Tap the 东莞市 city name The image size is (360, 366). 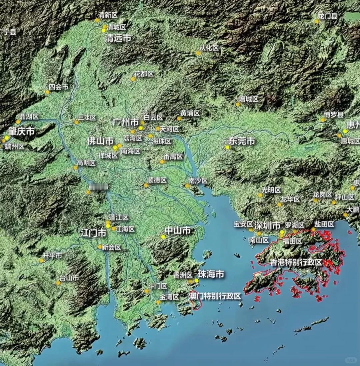[242, 141]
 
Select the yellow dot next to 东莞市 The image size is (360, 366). [227, 147]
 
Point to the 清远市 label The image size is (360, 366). [118, 38]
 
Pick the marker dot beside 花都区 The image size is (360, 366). [133, 79]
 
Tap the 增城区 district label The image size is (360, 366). [249, 99]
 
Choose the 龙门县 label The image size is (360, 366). [328, 16]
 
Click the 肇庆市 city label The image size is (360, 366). [21, 131]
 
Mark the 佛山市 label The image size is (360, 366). [100, 141]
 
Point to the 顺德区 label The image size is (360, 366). [157, 180]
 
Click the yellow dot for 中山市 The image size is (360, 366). [163, 237]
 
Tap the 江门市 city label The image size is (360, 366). [93, 233]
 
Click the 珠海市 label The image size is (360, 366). [211, 274]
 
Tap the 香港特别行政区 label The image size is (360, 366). [296, 263]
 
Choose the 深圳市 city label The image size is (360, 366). [267, 225]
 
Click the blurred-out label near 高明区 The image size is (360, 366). [99, 187]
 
